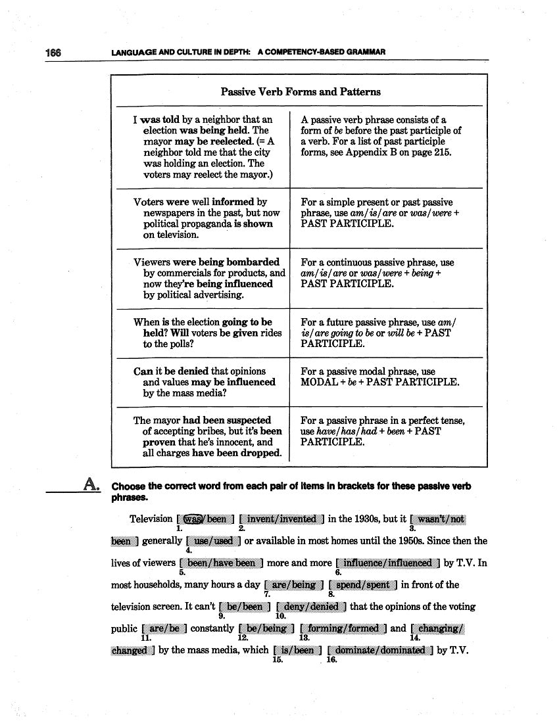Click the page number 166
53,52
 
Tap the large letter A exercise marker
90,485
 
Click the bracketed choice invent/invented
281,519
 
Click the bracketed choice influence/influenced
387,563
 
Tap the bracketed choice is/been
297,651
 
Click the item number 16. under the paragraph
331,660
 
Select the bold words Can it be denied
172,371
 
